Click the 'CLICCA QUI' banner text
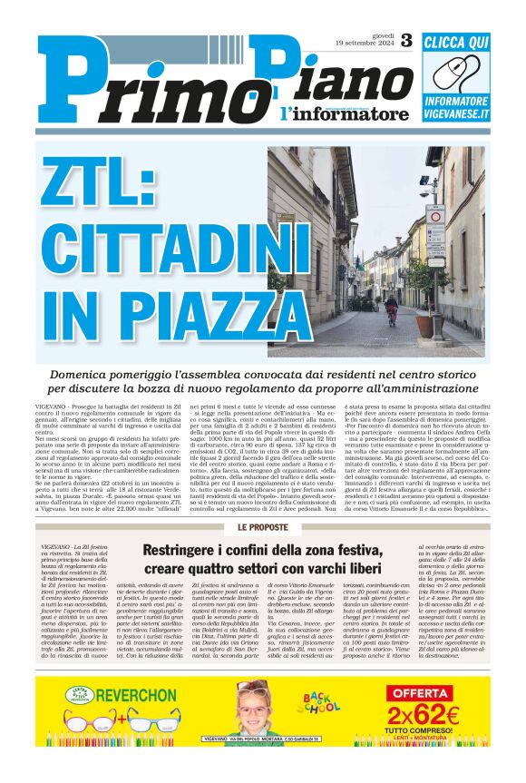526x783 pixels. (456, 41)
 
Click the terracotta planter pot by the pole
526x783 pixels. (439, 343)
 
